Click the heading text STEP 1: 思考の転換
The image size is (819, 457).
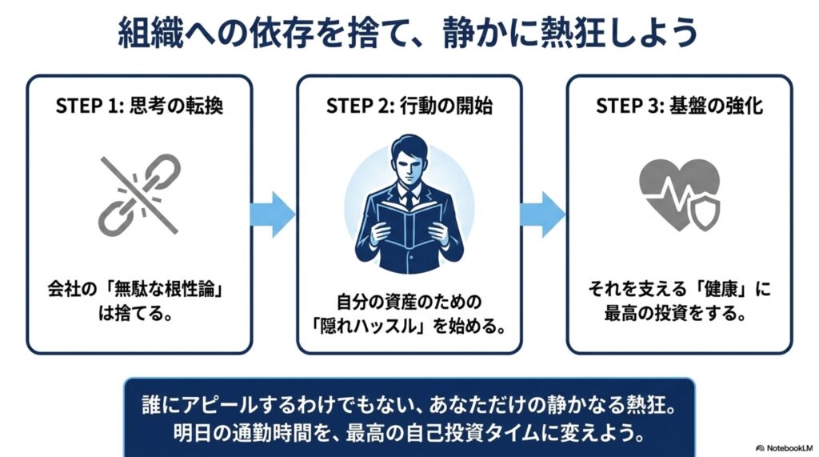pos(139,106)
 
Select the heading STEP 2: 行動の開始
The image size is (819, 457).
pos(409,106)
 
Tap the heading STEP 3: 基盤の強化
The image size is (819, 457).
pos(680,106)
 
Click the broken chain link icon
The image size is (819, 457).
pos(139,194)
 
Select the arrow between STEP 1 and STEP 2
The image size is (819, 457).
pos(273,214)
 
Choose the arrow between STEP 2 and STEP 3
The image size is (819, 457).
pos(542,214)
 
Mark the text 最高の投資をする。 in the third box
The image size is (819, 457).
pos(675,313)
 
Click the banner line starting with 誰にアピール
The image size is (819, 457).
pos(409,405)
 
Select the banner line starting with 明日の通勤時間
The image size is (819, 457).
pos(409,433)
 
